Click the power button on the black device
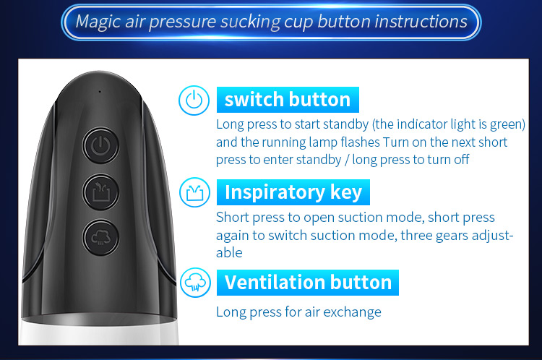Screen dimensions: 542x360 (100, 145)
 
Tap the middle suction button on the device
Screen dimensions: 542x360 (100, 192)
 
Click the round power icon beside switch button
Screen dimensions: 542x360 (194, 100)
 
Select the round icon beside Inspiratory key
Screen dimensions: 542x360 (194, 192)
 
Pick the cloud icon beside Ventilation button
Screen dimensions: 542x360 (195, 283)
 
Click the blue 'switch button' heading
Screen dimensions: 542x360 (288, 100)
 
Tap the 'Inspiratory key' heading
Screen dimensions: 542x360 (293, 192)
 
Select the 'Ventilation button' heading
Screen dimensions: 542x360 (308, 283)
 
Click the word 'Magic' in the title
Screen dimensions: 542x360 (98, 22)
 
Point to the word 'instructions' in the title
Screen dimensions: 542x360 (421, 21)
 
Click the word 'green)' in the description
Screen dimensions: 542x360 (508, 124)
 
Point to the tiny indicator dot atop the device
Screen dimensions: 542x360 (100, 92)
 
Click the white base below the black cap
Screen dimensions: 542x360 (100, 335)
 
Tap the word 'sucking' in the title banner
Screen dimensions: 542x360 (250, 22)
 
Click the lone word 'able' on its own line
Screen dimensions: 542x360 (229, 252)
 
